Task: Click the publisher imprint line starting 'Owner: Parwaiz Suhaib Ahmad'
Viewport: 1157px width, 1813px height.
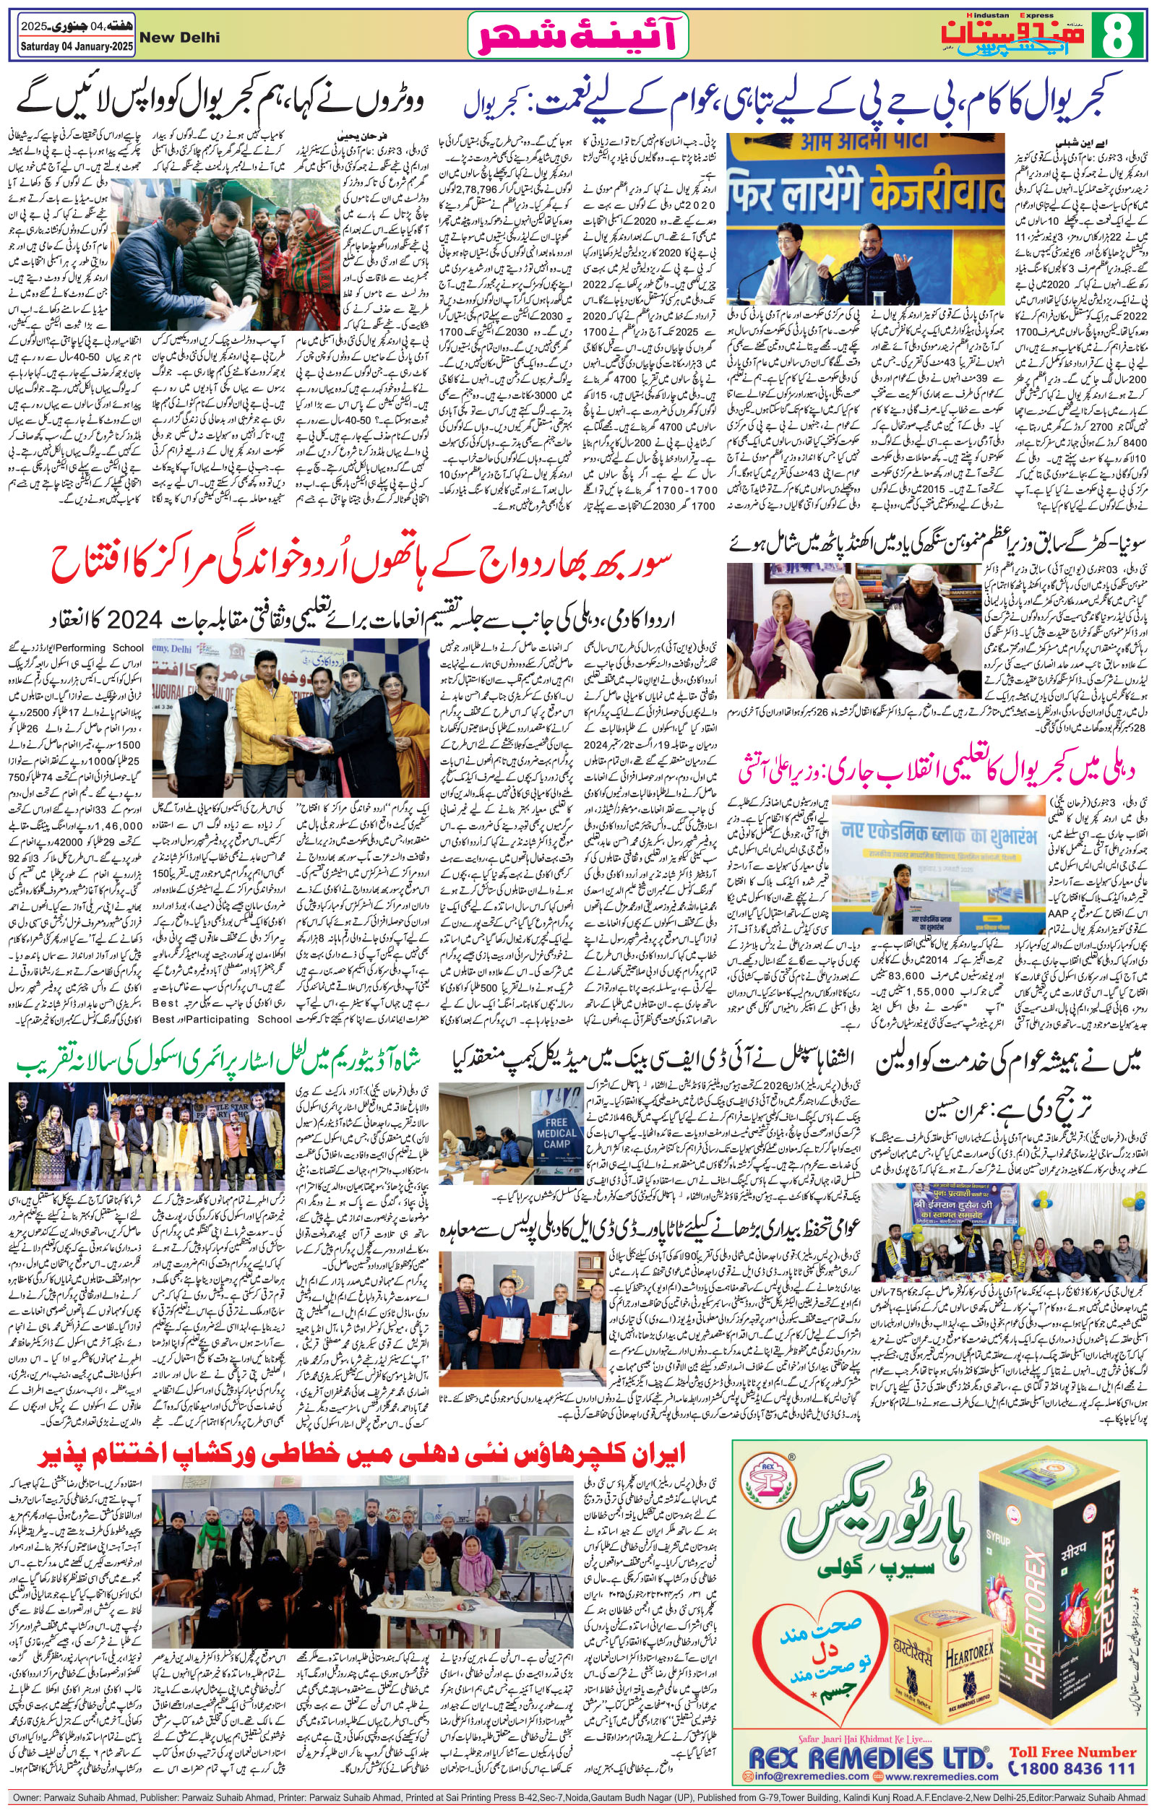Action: pos(577,1801)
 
